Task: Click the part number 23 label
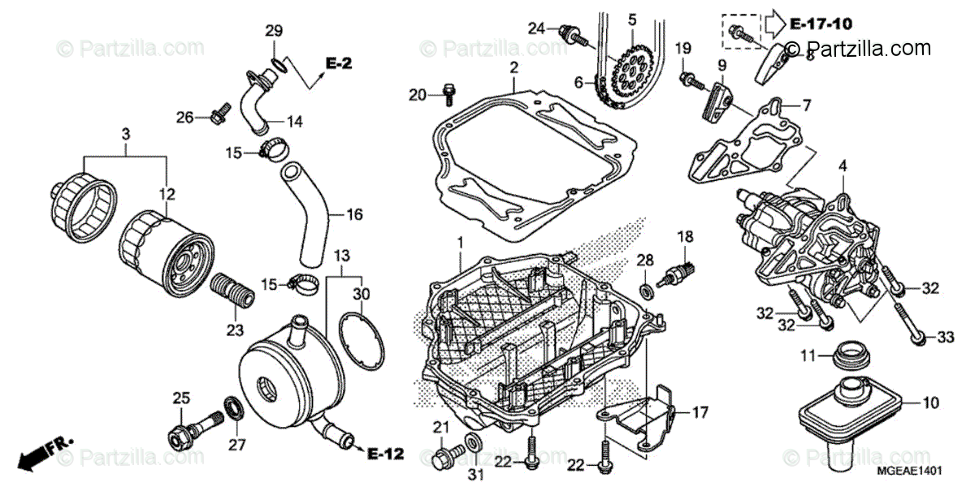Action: (234, 330)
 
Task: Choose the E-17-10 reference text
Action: (824, 24)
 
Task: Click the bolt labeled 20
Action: (447, 96)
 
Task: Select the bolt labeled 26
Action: (216, 119)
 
